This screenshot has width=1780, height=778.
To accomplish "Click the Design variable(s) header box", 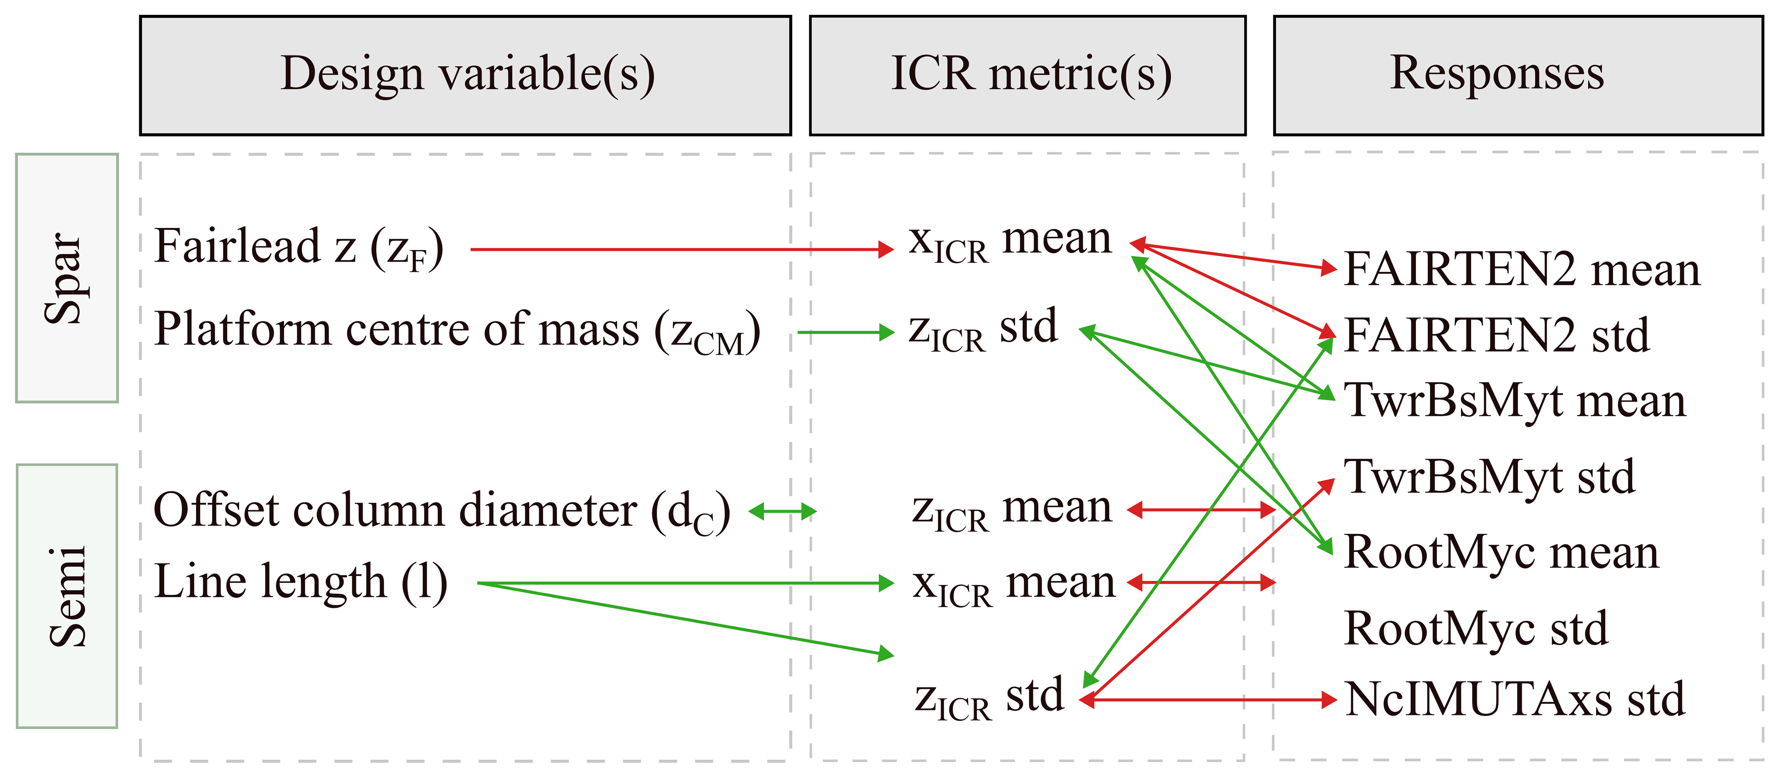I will [465, 75].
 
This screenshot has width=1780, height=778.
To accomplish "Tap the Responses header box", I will [1518, 75].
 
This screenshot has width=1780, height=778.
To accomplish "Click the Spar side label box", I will [67, 278].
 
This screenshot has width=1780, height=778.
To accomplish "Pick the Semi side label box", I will [67, 596].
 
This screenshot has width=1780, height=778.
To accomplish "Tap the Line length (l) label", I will [301, 582].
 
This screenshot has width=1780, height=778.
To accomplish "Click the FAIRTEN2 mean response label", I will [1521, 270].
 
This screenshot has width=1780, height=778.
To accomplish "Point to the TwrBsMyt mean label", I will [1515, 401].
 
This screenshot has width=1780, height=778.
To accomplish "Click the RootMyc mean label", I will [1501, 553].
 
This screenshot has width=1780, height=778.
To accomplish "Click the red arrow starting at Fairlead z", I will [681, 249].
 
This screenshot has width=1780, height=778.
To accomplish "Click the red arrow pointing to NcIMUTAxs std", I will [1209, 700].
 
